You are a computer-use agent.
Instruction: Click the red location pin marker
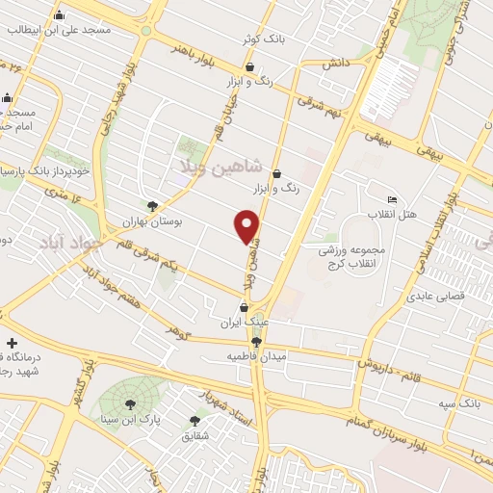[247, 225]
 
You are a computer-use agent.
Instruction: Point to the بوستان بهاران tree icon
[152, 205]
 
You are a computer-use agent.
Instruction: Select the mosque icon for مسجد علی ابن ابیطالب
[60, 15]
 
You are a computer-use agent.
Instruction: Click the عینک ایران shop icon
[244, 307]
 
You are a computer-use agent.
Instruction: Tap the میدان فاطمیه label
[232, 356]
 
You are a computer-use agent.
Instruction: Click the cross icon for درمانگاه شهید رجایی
[12, 343]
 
